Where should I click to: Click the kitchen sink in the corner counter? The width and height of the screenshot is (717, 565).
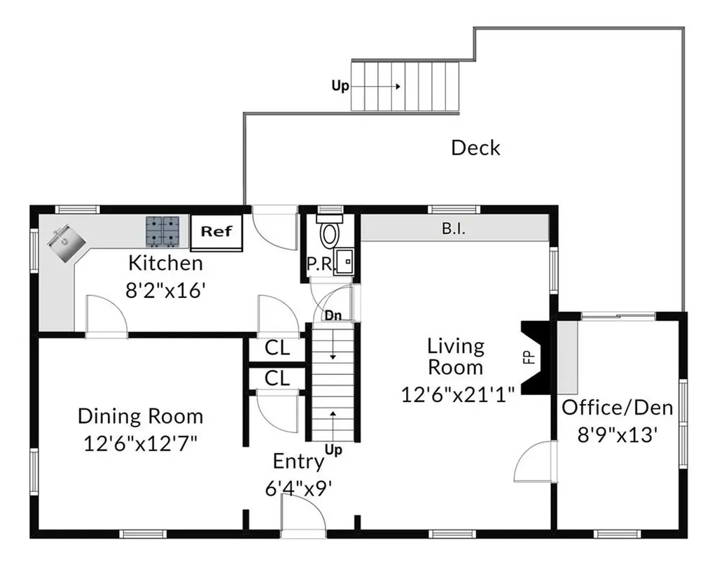66,243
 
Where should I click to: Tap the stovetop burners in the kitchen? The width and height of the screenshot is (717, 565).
162,231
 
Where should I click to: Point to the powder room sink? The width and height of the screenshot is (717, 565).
344,262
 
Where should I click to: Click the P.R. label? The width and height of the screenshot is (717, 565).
319,264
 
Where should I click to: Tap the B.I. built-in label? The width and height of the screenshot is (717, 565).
454,229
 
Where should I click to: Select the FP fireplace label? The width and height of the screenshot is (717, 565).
529,357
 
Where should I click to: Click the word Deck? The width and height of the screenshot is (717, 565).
475,148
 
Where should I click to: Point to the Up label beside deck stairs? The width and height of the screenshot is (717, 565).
340,86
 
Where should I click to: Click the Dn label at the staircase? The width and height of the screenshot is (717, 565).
333,315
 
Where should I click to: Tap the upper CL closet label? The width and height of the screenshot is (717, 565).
277,348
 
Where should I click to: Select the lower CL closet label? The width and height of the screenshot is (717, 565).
277,378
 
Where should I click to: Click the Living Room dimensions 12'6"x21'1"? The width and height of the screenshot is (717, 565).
458,394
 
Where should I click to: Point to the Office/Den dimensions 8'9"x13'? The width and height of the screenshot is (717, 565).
618,435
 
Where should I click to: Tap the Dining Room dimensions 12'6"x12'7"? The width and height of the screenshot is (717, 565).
140,443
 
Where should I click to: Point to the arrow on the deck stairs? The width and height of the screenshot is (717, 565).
375,86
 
